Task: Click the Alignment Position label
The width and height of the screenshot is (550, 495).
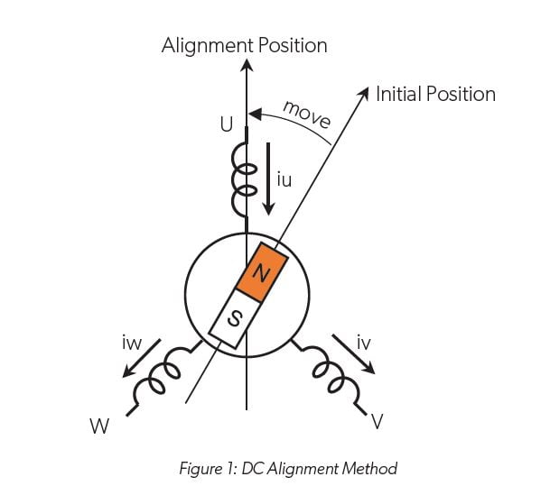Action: (244, 45)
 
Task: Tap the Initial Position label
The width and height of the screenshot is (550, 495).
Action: (435, 94)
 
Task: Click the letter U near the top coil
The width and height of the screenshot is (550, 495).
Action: (226, 125)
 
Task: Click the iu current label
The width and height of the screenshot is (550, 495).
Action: (285, 180)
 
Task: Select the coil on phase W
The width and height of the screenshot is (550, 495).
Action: (159, 383)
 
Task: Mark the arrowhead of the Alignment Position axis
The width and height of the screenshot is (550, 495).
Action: (246, 66)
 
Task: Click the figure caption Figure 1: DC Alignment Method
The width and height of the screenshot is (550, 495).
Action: (275, 468)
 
